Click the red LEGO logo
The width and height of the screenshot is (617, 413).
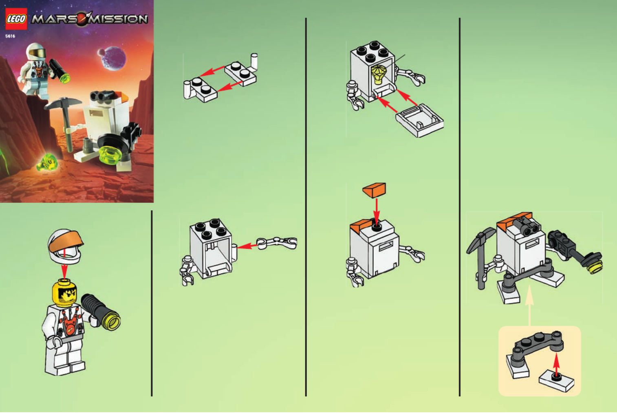pos(16,19)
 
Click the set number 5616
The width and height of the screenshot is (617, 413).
pos(10,36)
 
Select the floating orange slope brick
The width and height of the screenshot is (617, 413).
pos(375,190)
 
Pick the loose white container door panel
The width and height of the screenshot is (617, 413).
pos(419,120)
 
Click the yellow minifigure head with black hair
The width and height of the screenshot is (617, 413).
pos(64,293)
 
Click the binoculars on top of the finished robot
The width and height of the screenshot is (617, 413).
pos(527,226)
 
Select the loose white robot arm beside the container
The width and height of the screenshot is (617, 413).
pos(277,243)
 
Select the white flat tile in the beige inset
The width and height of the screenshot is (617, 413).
pos(557,382)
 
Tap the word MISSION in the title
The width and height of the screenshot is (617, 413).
pos(119,19)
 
